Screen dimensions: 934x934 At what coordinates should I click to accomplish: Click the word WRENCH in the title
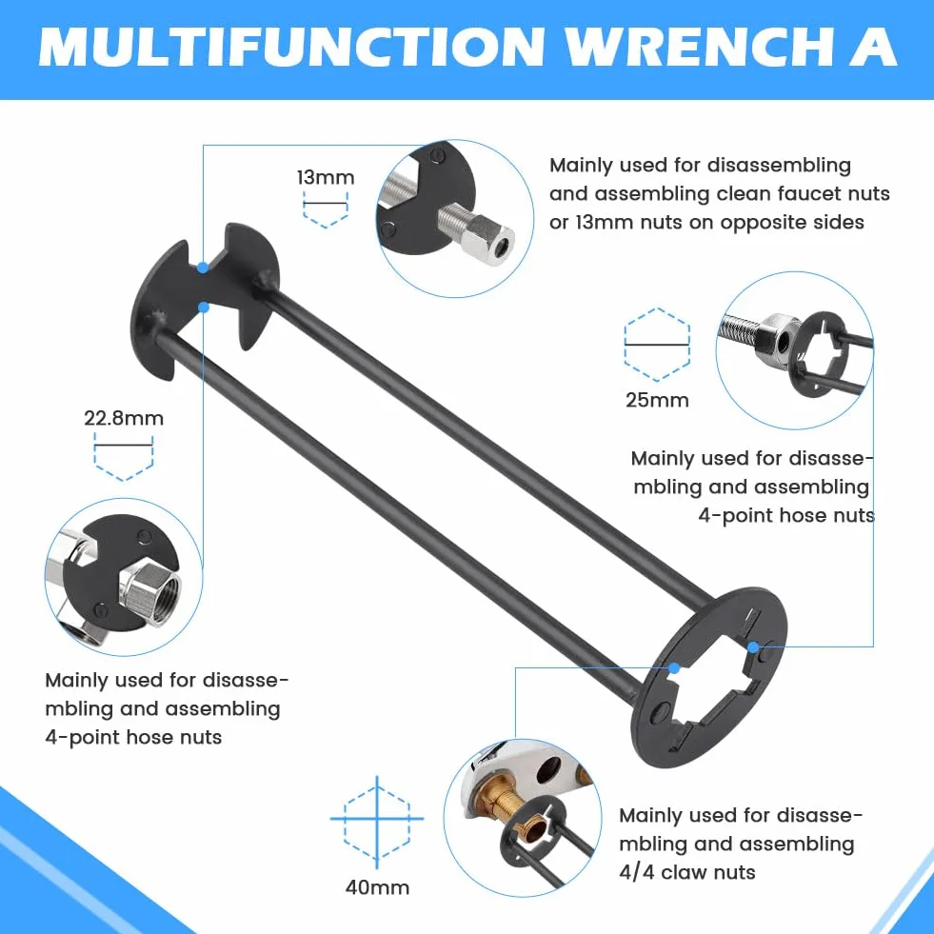tap(699, 47)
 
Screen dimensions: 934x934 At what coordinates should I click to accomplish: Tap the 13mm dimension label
tap(326, 177)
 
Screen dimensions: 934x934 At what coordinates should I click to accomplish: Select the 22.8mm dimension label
tap(124, 418)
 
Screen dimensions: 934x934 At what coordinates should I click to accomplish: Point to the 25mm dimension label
tap(657, 400)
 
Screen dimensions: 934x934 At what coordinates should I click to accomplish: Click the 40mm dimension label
tap(377, 887)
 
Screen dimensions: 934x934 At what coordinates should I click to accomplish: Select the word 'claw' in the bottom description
tap(686, 872)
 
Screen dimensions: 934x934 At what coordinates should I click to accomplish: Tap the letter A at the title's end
tap(873, 47)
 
